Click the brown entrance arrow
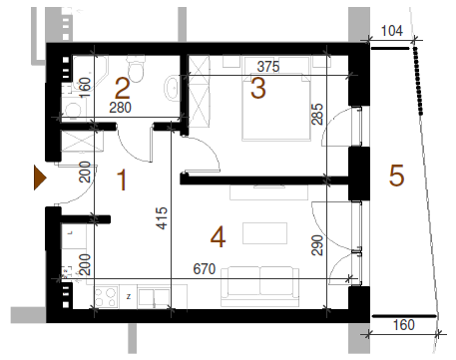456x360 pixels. (39, 178)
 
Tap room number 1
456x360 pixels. (122, 180)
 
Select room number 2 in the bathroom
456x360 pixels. (122, 88)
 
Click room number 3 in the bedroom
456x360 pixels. (257, 88)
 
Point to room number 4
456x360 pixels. (219, 237)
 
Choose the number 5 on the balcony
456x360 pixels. (396, 176)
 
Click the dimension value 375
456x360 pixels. (268, 67)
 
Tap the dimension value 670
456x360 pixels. (205, 268)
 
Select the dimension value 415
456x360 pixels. (162, 218)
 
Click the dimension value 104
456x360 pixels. (392, 31)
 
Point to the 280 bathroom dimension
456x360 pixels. (121, 108)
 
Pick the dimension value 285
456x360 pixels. (317, 114)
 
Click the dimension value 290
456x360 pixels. (317, 245)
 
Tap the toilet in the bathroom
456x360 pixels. (136, 69)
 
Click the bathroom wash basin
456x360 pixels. (172, 88)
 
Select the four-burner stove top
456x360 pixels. (106, 297)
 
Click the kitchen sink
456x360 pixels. (154, 297)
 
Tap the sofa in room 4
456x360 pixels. (259, 286)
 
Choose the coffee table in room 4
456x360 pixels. (264, 233)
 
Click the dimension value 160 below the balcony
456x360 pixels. (404, 325)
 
